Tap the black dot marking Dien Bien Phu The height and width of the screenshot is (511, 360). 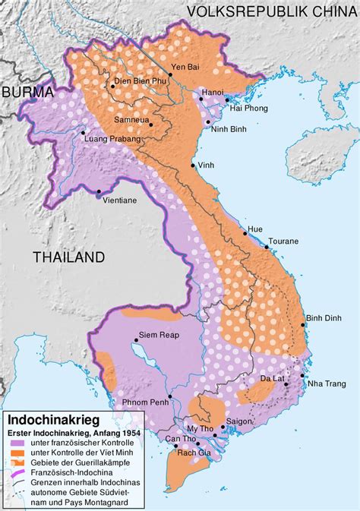112,87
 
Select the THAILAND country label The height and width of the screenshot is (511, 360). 68,257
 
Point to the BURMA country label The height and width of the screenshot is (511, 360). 27,92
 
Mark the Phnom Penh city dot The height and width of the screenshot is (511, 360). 170,397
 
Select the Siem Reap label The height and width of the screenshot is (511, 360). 159,335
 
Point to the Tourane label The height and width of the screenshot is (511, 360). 283,241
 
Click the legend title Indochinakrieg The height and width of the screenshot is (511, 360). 55,419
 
